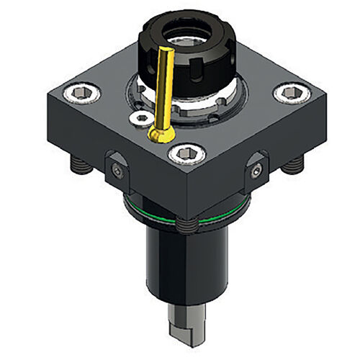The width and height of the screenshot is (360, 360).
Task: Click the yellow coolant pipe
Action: [163, 86]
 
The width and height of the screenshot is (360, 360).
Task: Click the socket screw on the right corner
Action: [289, 92]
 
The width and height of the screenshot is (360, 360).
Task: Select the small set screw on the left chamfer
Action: [117, 170]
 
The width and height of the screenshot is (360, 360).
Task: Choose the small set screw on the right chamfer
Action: [256, 170]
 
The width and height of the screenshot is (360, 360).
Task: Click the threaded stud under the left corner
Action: [77, 166]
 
